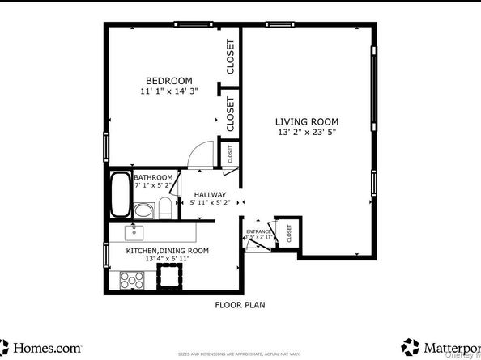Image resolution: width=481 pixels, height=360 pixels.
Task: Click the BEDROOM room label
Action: [x=168, y=80]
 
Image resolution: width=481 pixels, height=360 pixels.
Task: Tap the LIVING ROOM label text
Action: [x=307, y=121]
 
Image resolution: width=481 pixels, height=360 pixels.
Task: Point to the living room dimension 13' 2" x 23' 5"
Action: [x=307, y=132]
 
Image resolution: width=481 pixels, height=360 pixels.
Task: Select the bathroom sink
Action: [x=143, y=211]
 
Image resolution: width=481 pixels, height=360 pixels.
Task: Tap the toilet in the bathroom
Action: [x=164, y=209]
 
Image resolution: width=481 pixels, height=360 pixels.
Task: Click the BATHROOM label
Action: [x=153, y=177]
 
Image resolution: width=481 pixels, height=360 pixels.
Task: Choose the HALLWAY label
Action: [x=210, y=194]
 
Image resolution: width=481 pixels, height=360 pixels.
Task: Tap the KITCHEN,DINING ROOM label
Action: [x=167, y=251]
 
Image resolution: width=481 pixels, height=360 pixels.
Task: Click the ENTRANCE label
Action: [x=259, y=231]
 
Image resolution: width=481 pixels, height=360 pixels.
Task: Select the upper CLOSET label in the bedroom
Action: [x=231, y=57]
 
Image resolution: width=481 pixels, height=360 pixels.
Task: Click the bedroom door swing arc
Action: [x=199, y=153]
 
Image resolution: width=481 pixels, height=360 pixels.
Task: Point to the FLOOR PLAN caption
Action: [x=240, y=305]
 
